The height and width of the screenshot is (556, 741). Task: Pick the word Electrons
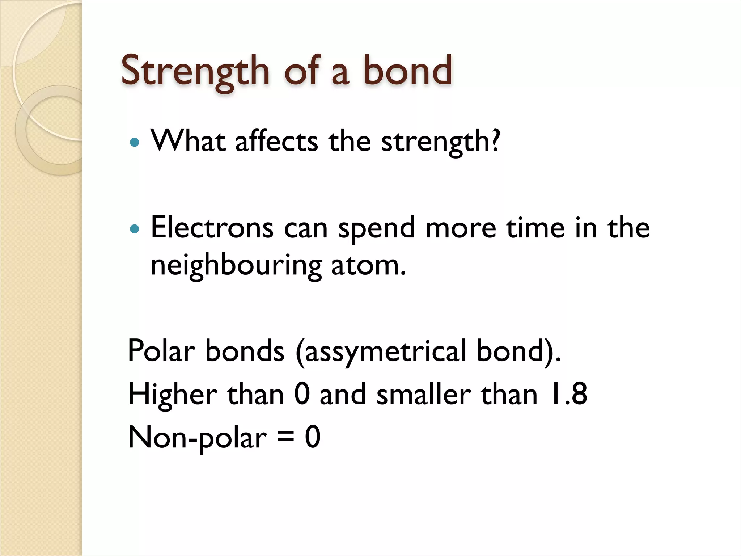point(212,228)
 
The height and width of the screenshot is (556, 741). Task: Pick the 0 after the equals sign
point(313,437)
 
